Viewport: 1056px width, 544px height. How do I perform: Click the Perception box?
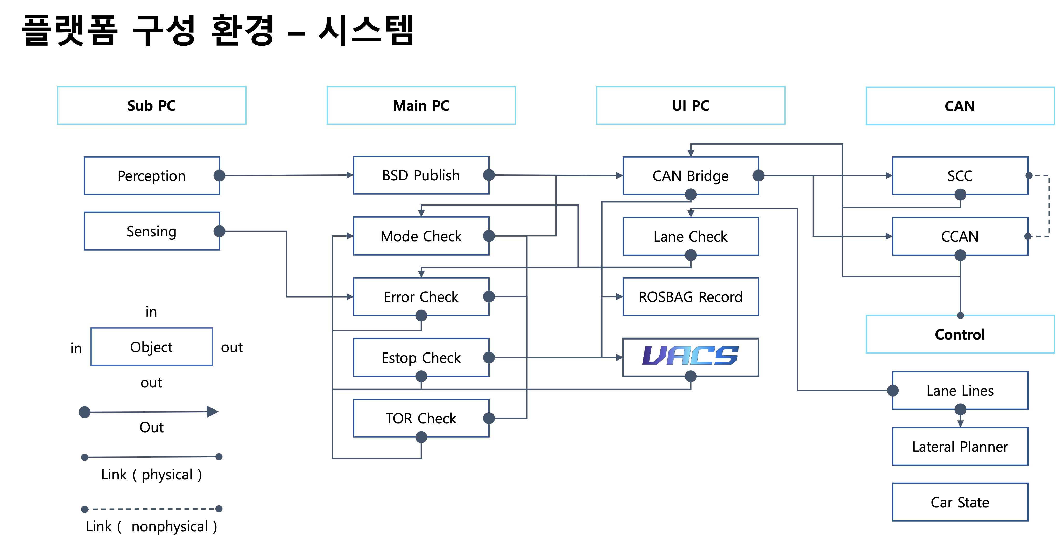[x=152, y=175]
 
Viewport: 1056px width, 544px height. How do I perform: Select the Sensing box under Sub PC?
[x=152, y=231]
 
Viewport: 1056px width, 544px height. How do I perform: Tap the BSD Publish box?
[x=421, y=175]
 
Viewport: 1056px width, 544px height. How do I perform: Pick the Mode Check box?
[x=421, y=236]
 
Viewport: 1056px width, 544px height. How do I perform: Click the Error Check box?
[x=421, y=297]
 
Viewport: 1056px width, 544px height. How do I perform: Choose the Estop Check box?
[x=421, y=357]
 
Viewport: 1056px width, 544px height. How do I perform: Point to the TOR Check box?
[x=421, y=418]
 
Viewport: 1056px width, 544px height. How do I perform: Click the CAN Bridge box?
[x=691, y=175]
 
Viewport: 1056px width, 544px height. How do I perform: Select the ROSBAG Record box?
[x=691, y=297]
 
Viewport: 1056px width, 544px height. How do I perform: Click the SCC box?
[x=960, y=175]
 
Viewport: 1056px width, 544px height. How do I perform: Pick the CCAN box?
[x=960, y=236]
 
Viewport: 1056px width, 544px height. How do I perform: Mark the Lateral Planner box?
[x=960, y=447]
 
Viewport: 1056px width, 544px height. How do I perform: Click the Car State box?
[x=960, y=502]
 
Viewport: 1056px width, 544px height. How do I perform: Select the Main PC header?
[x=421, y=105]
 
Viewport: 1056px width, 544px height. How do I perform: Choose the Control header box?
[x=960, y=334]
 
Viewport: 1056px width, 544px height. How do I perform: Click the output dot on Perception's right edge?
[x=220, y=175]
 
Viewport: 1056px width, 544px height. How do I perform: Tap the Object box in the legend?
[x=152, y=347]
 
